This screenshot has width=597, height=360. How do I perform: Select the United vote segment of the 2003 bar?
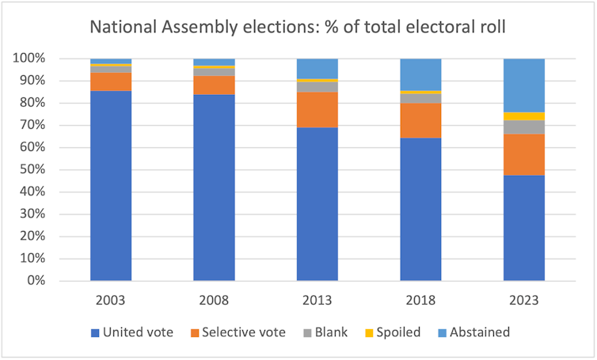pos(111,186)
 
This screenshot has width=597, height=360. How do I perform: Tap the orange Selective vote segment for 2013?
pos(317,110)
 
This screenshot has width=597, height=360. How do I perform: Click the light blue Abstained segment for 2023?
pos(523,85)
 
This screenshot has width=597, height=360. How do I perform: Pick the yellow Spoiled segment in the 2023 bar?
pos(523,116)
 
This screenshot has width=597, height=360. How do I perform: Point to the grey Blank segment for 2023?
pos(523,127)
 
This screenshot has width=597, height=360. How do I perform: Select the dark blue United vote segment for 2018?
pos(420,209)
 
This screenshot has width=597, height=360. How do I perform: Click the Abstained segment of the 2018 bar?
pos(420,74)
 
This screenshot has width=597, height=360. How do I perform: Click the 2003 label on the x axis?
pos(111,301)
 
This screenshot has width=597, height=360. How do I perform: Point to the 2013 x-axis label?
pos(317,301)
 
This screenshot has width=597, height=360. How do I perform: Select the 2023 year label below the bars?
pos(523,301)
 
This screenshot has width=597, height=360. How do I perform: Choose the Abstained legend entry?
pos(473,332)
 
